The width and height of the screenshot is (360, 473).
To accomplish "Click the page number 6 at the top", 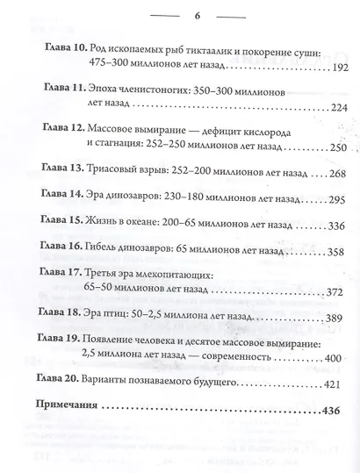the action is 179,15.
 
